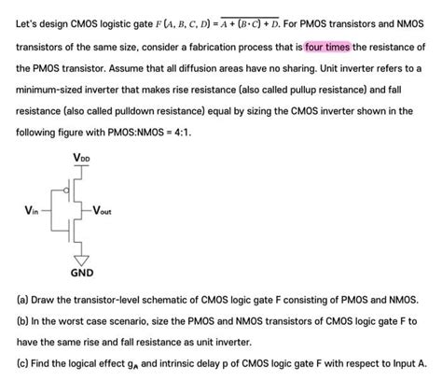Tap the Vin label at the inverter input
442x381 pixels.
31,211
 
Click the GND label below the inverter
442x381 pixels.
82,275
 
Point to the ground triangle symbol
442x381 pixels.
82,258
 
